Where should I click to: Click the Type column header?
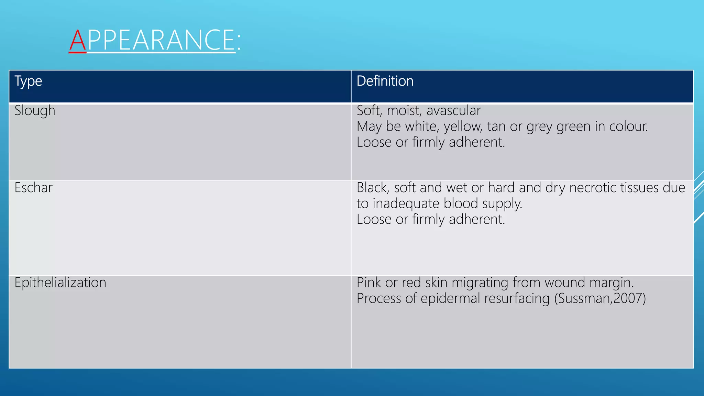click(x=28, y=81)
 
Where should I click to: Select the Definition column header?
click(x=385, y=81)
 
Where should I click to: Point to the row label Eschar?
click(x=33, y=188)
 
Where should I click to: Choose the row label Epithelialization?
click(x=60, y=283)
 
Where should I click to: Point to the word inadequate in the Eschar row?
click(x=406, y=203)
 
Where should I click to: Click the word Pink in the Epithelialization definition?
click(x=369, y=283)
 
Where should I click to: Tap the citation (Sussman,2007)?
click(x=600, y=298)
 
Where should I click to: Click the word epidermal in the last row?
click(x=450, y=298)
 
